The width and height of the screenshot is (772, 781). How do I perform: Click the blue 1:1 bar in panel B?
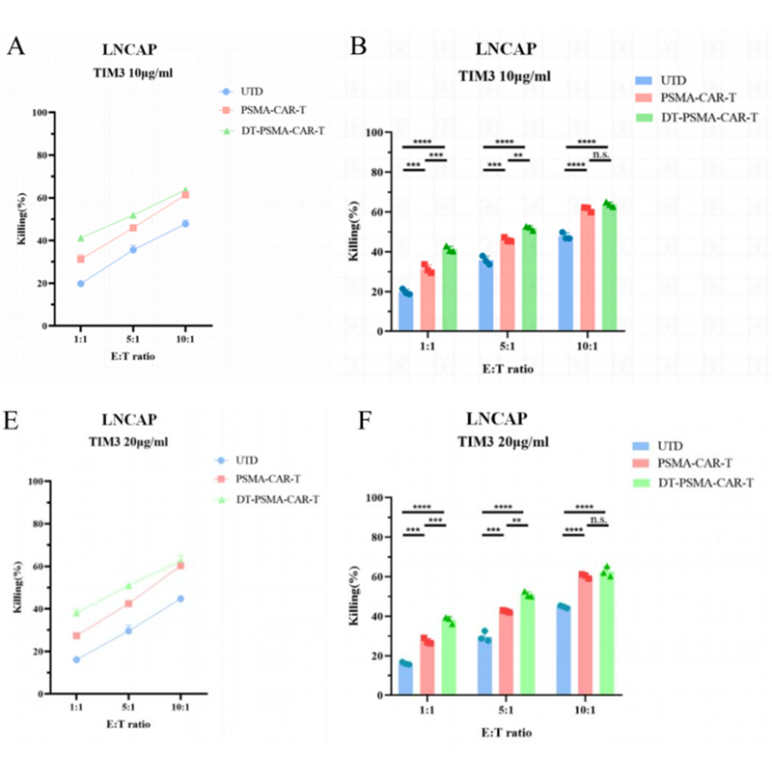406,311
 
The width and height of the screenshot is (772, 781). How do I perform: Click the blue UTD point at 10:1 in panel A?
185,224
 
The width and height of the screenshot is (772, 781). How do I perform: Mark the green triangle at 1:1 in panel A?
81,237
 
